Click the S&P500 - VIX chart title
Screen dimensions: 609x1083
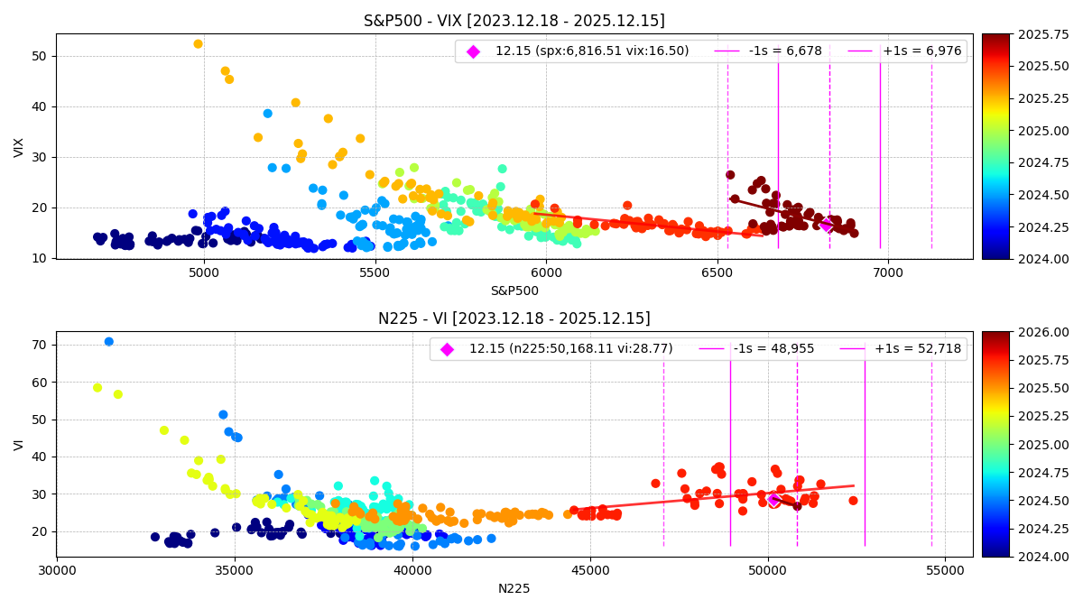(514, 21)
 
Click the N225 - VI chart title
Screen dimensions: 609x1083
(514, 318)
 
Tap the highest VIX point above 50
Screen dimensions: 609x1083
(198, 44)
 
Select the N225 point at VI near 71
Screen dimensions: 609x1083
(109, 342)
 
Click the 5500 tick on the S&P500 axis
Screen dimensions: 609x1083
(375, 271)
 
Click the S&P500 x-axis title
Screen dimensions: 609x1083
(514, 291)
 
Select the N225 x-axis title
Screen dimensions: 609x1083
(514, 588)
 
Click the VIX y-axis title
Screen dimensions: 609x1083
(19, 147)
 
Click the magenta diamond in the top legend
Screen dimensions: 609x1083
(473, 51)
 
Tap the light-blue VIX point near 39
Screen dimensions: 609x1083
(267, 114)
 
